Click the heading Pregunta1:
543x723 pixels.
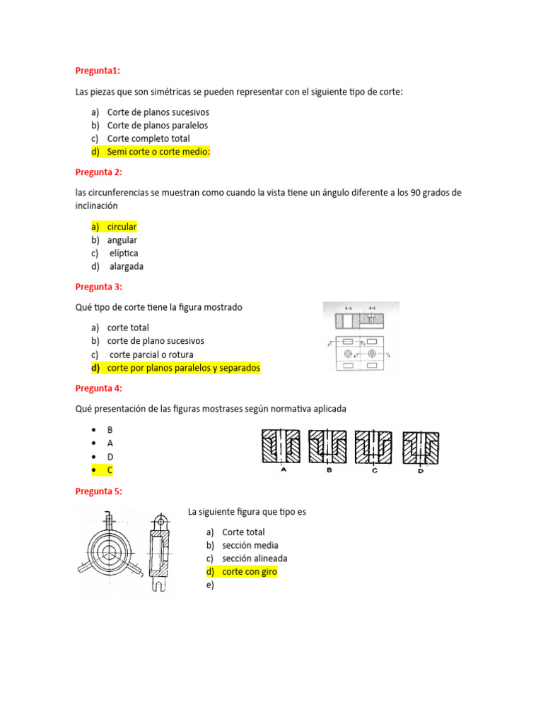[98, 71]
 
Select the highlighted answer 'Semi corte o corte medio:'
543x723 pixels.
[158, 152]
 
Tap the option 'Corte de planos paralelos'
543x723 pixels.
[157, 125]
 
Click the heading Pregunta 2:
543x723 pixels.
[99, 172]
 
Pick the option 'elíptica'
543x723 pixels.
[124, 253]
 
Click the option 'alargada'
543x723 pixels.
[126, 266]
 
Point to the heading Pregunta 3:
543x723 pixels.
[99, 287]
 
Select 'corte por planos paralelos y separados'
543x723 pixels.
[183, 368]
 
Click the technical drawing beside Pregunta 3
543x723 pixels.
[361, 337]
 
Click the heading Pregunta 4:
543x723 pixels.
[99, 388]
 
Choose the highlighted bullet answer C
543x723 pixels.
[110, 470]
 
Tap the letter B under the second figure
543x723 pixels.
[329, 470]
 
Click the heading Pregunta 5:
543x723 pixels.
[99, 491]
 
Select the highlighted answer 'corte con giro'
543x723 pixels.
[249, 572]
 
